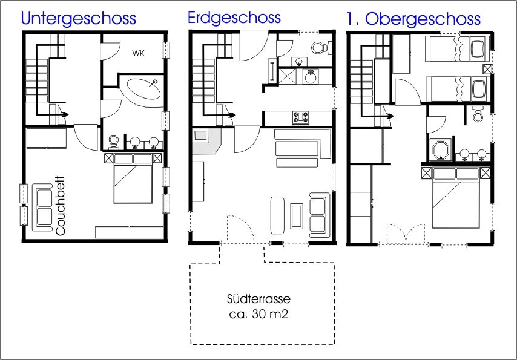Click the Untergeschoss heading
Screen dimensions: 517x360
pyautogui.click(x=78, y=19)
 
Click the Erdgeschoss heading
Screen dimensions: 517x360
pyautogui.click(x=234, y=18)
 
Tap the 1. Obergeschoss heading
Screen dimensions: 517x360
pyautogui.click(x=413, y=19)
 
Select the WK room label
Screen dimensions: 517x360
pyautogui.click(x=138, y=53)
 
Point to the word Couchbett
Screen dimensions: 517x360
pyautogui.click(x=61, y=206)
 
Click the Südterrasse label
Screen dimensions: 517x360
pyautogui.click(x=259, y=299)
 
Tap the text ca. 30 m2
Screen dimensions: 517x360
pyautogui.click(x=259, y=314)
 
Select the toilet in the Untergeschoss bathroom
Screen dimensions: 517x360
pyautogui.click(x=114, y=142)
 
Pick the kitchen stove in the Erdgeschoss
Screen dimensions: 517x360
pyautogui.click(x=301, y=118)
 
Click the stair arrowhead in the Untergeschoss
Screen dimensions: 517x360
pyautogui.click(x=65, y=114)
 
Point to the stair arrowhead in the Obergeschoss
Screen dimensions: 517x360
pyautogui.click(x=390, y=116)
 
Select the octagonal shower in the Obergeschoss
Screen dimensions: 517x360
pyautogui.click(x=441, y=150)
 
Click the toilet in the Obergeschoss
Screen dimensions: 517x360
pyautogui.click(x=478, y=113)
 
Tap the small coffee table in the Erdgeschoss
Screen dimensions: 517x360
pyautogui.click(x=297, y=216)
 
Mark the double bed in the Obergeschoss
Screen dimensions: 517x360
pyautogui.click(x=456, y=197)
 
